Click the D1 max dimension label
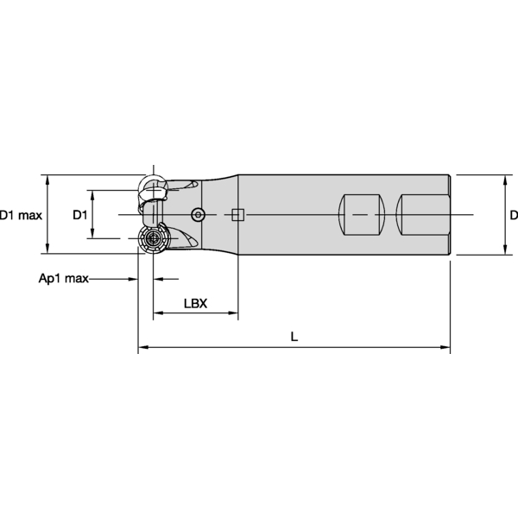(21, 214)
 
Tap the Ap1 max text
(64, 279)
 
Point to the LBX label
(194, 304)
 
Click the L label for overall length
(294, 338)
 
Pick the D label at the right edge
(513, 214)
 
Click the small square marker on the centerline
(237, 214)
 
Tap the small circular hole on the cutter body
(199, 214)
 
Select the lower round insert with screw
(154, 240)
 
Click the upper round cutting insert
(154, 187)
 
